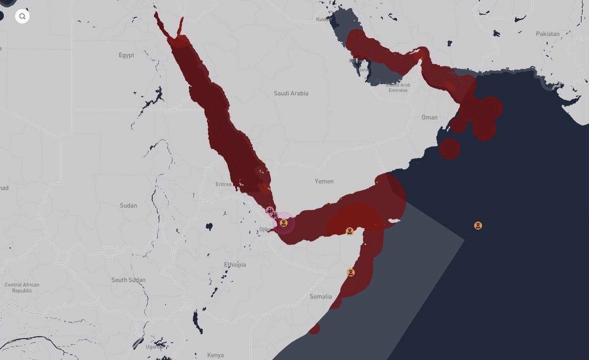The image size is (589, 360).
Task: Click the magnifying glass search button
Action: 22,16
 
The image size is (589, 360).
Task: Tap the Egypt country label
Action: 126,55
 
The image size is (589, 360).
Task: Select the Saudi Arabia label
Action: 291,93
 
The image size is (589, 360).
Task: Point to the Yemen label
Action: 324,181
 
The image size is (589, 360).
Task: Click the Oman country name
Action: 429,117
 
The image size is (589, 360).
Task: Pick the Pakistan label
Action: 548,34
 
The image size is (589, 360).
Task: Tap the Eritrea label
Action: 223,184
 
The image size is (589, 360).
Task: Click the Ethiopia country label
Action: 235,265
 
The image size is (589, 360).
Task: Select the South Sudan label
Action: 129,280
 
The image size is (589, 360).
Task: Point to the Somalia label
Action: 321,296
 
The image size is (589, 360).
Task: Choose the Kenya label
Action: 215,355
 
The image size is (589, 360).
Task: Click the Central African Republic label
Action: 22,288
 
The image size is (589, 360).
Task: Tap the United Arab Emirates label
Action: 398,87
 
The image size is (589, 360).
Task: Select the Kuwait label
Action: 322,20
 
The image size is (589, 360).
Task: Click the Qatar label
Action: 364,70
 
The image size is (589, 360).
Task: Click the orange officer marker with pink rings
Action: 283,223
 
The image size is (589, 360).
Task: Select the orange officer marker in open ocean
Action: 478,226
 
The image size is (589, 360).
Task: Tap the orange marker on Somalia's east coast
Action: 350,272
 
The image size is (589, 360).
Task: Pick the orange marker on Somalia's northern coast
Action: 349,231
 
